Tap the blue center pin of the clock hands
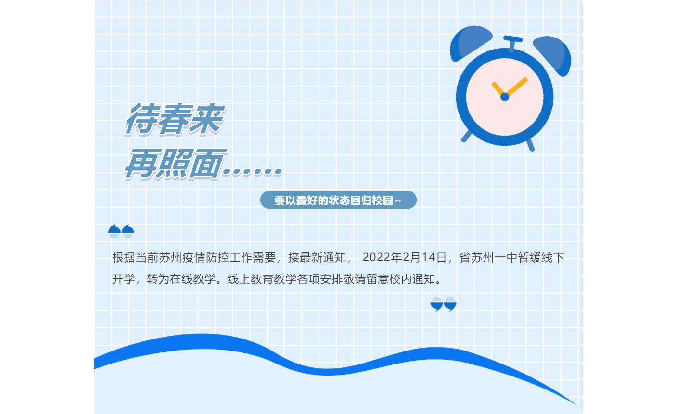click(505, 97)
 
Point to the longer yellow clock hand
click(517, 87)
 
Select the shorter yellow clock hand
click(498, 89)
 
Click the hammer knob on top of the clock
click(512, 43)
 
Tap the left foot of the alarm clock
click(467, 136)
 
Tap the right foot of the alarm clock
click(531, 145)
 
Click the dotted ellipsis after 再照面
click(252, 172)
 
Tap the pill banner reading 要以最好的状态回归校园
click(338, 200)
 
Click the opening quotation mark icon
click(121, 231)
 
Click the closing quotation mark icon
click(443, 304)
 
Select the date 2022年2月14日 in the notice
click(404, 257)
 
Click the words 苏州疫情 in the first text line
click(181, 258)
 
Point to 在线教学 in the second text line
click(193, 279)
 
